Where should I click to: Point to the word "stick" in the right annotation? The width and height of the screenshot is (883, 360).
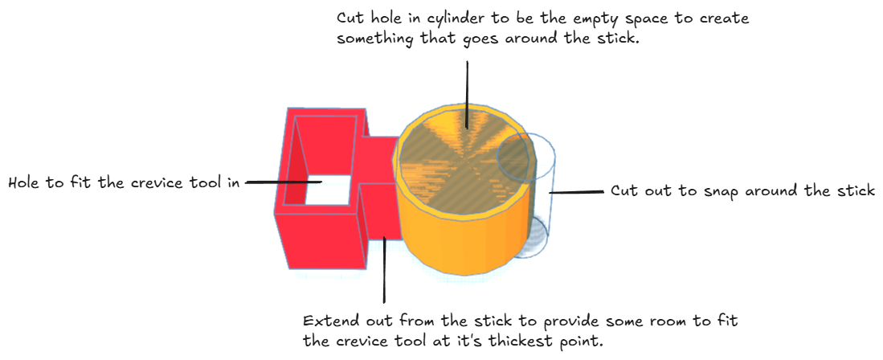pos(854,191)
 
